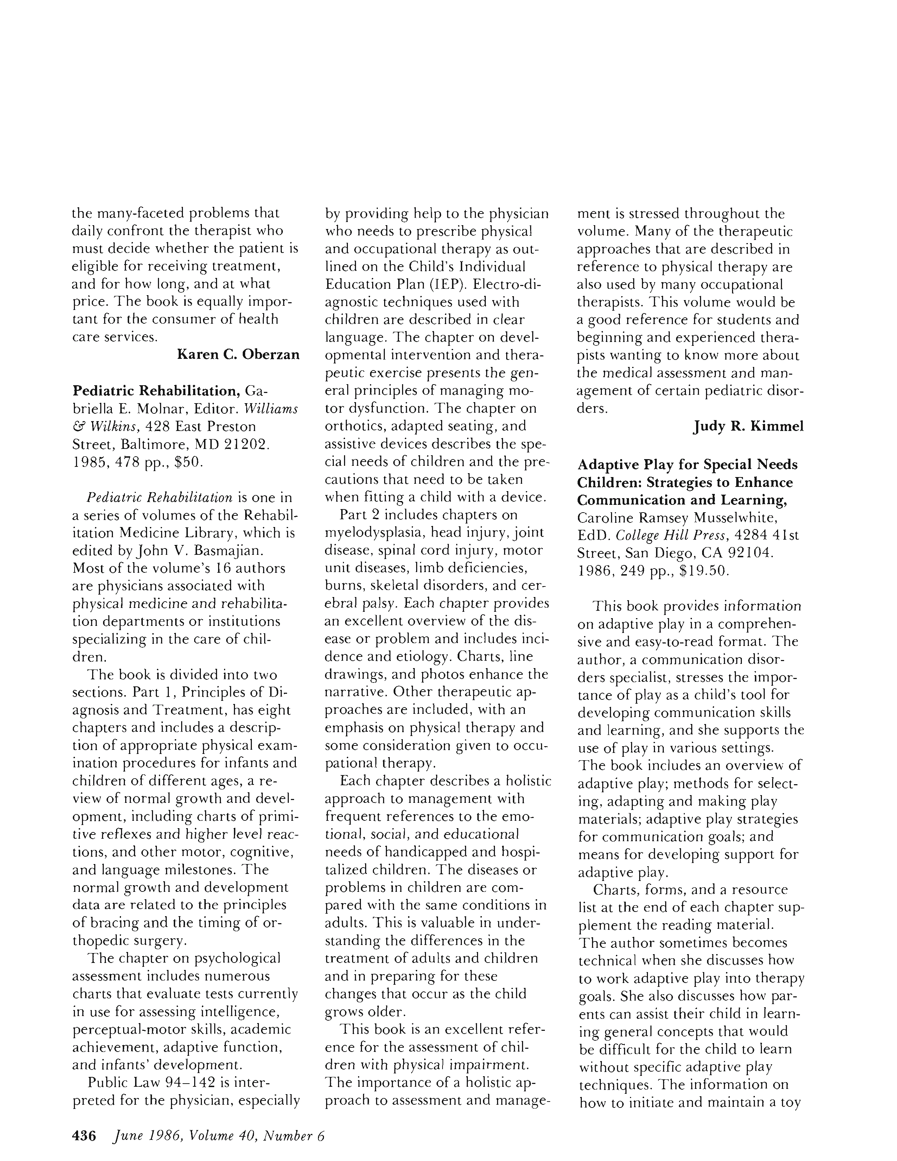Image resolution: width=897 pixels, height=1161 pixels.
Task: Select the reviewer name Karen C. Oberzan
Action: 238,355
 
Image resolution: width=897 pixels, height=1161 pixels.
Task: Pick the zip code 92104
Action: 750,553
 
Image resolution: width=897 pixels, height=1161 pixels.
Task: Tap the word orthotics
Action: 355,426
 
